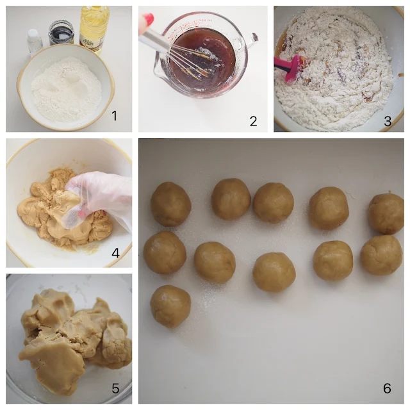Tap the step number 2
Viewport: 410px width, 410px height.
coord(253,120)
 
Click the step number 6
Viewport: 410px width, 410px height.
coord(387,389)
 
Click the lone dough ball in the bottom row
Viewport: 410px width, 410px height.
coord(170,306)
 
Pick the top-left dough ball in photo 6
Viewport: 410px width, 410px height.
coord(170,204)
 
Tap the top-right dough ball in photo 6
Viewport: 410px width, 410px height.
coord(386,213)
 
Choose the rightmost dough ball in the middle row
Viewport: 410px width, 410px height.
coord(381,254)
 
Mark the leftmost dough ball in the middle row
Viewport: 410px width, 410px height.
coord(165,252)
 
